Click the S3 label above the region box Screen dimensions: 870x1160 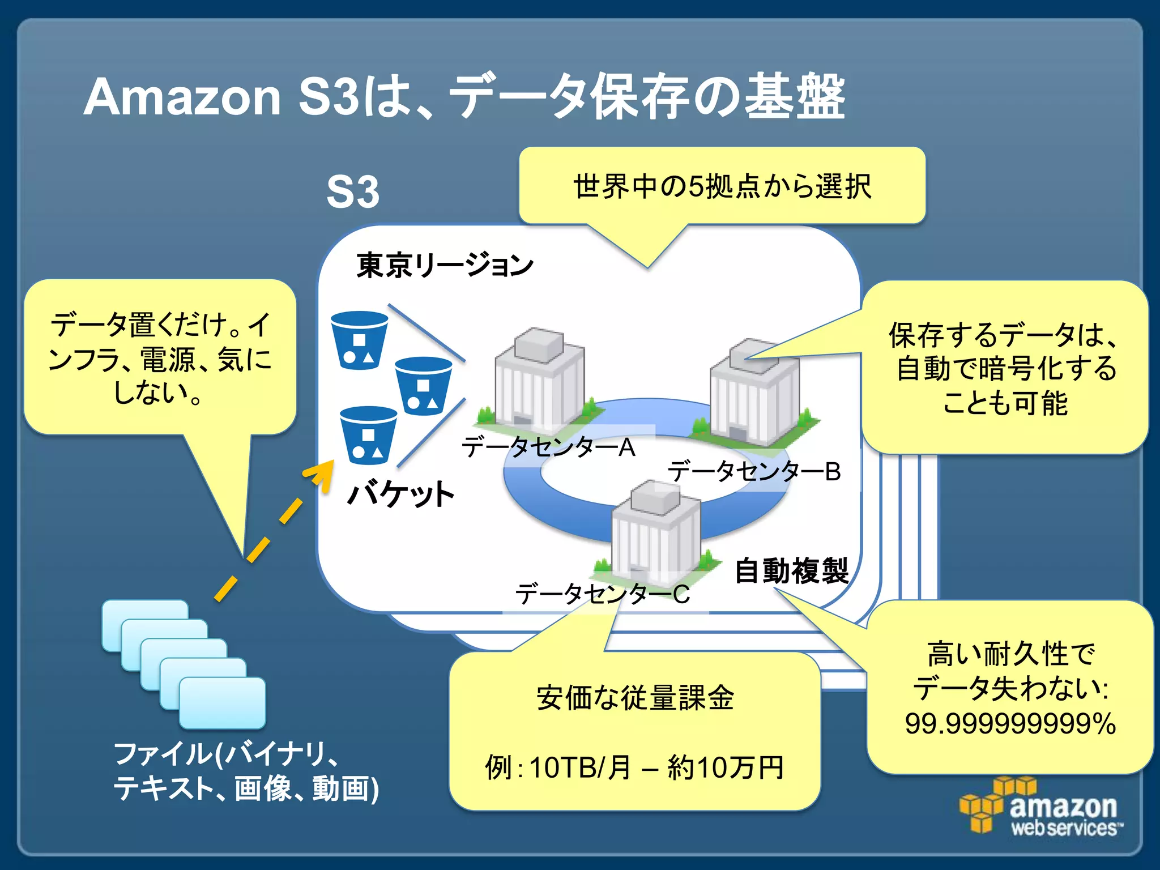click(352, 193)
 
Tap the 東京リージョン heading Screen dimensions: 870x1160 click(445, 265)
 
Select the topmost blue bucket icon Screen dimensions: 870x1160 click(359, 340)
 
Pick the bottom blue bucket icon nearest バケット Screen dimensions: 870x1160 click(368, 435)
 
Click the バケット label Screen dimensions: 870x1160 click(400, 494)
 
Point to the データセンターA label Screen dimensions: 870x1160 click(548, 447)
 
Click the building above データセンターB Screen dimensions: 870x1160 click(755, 391)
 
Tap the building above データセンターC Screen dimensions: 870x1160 click(656, 532)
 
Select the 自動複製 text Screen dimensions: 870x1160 click(791, 570)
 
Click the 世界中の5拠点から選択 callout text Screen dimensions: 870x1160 click(722, 186)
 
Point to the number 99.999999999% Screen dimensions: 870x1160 click(1010, 724)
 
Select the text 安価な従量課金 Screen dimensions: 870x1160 click(635, 698)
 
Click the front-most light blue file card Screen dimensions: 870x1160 click(223, 702)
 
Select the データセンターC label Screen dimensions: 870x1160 click(602, 594)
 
